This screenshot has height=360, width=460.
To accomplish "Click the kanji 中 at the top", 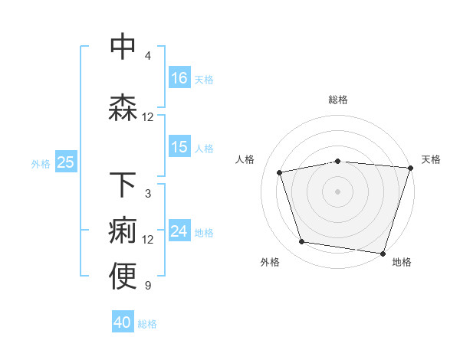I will pyautogui.click(x=123, y=47).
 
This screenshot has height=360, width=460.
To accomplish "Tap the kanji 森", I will pyautogui.click(x=123, y=108).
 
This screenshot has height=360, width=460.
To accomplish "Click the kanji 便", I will pyautogui.click(x=123, y=277).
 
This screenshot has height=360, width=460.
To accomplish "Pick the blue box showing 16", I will pyautogui.click(x=179, y=78).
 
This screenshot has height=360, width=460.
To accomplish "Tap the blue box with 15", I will pyautogui.click(x=179, y=147).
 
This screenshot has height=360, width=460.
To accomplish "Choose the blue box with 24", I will pyautogui.click(x=179, y=231).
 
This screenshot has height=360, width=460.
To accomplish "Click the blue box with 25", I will pyautogui.click(x=65, y=162).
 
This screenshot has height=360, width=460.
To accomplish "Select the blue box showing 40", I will pyautogui.click(x=123, y=322).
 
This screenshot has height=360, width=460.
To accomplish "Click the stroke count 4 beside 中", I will pyautogui.click(x=148, y=56).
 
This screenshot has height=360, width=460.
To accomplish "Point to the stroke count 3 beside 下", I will pyautogui.click(x=148, y=194).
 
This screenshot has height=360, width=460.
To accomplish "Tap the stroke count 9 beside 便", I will pyautogui.click(x=148, y=286).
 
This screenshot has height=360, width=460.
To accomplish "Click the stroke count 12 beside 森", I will pyautogui.click(x=148, y=117).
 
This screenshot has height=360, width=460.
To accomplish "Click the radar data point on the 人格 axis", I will pyautogui.click(x=280, y=173).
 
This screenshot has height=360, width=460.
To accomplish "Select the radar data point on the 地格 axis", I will pyautogui.click(x=383, y=253).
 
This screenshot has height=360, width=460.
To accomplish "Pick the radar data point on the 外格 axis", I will pyautogui.click(x=302, y=242).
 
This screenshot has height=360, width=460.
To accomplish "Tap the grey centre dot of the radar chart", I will pyautogui.click(x=337, y=191).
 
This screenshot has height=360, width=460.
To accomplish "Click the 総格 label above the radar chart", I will pyautogui.click(x=338, y=100).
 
